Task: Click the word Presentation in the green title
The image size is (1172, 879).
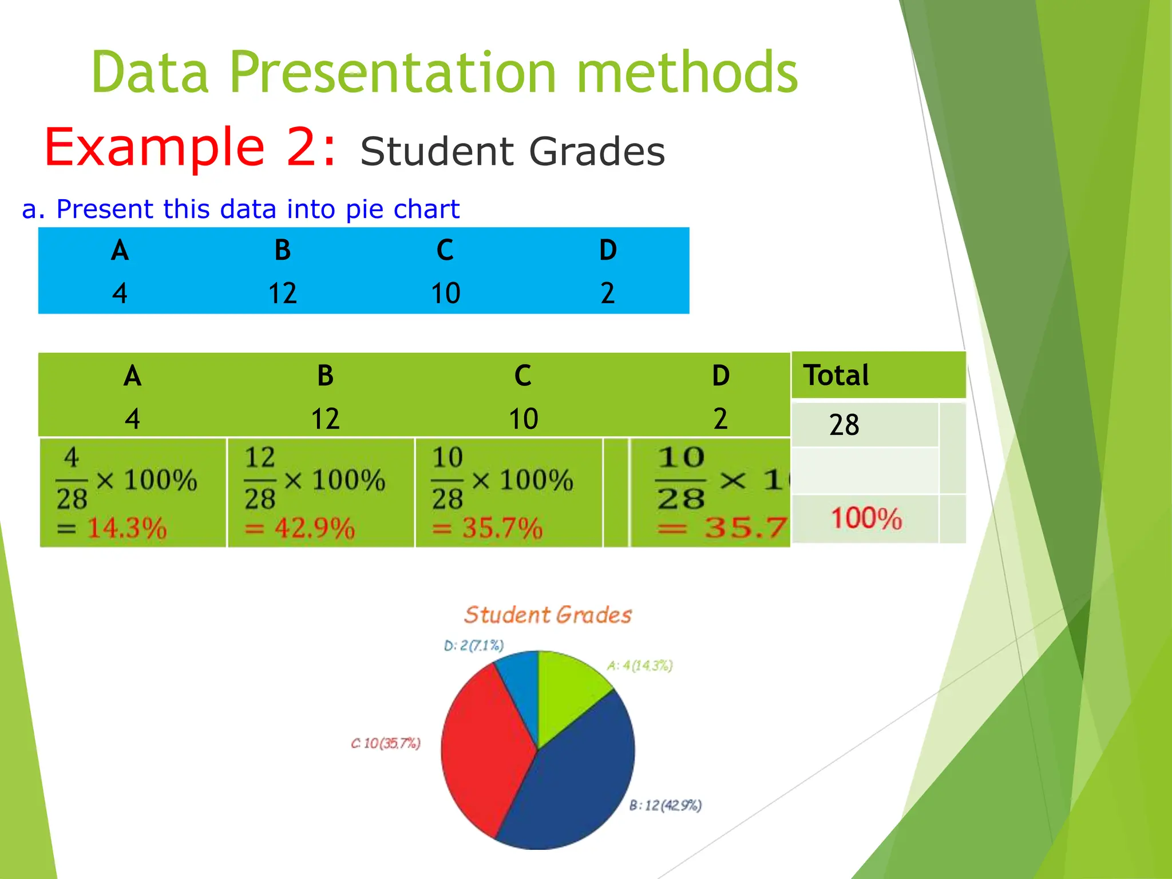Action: coord(393,73)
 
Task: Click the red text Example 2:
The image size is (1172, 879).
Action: coord(191,147)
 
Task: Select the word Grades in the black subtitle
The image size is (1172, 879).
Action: coord(597,152)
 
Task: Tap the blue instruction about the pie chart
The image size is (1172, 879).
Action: coord(240,209)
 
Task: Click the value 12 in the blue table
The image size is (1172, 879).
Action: coord(282,293)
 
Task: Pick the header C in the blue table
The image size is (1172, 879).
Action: coord(445,250)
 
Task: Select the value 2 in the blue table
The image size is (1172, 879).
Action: coord(607,293)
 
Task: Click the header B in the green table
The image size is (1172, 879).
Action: coord(325,376)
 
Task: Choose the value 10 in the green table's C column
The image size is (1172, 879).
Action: coord(523,419)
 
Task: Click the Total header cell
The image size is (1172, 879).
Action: coord(836,375)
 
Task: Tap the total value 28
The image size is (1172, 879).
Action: coord(844,425)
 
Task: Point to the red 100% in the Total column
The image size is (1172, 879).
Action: coord(866,518)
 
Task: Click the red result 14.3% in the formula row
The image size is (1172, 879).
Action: coord(126,528)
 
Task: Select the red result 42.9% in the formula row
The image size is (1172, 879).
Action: coord(314,528)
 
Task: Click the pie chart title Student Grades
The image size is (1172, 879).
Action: coord(548,615)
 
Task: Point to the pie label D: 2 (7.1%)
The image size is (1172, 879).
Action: coord(473,646)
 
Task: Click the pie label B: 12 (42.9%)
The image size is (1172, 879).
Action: coord(665,805)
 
